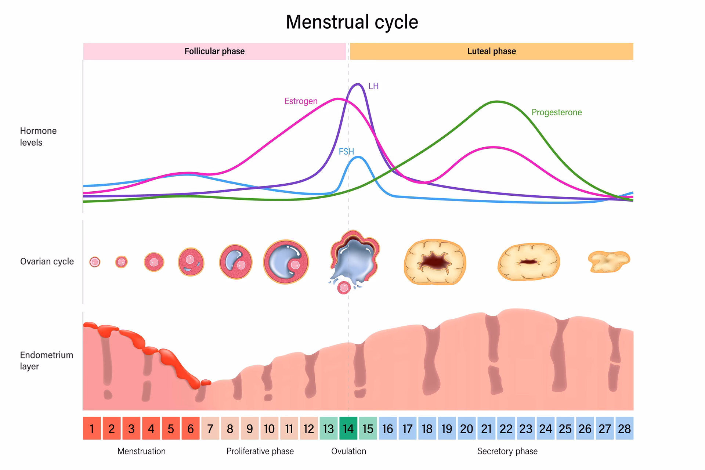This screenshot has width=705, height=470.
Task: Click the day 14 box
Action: (348, 429)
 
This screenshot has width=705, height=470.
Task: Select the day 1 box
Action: (92, 429)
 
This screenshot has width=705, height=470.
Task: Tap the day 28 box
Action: (624, 429)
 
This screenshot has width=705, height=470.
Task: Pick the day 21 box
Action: (486, 429)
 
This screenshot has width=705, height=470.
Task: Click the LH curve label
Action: (373, 86)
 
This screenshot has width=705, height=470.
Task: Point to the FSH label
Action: (346, 151)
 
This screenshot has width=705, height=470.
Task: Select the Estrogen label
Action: (301, 101)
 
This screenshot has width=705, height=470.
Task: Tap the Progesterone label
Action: (556, 112)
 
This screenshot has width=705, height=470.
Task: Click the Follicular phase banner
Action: (214, 51)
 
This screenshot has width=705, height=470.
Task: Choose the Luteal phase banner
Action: (491, 51)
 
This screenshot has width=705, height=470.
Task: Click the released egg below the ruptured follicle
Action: (344, 288)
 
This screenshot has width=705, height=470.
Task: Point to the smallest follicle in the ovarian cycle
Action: (95, 262)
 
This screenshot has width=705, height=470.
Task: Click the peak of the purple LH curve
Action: (357, 84)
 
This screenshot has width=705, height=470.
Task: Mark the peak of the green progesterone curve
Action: (497, 102)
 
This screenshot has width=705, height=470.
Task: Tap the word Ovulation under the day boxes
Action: (348, 451)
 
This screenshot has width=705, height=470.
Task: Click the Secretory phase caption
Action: (507, 451)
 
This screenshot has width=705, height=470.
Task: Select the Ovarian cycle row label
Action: (47, 261)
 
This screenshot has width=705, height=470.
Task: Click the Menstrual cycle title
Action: (352, 22)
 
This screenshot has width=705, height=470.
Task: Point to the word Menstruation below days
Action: (141, 451)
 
